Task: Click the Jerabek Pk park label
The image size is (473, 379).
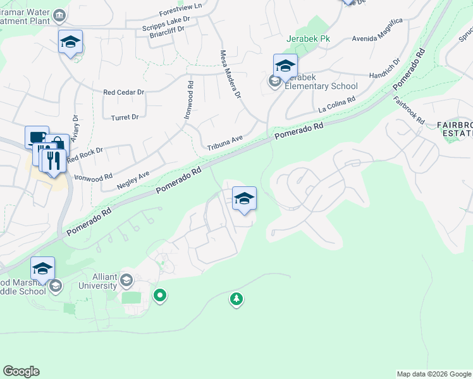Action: pyautogui.click(x=309, y=39)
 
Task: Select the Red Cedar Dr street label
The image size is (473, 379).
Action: pyautogui.click(x=124, y=92)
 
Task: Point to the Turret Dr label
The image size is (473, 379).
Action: pyautogui.click(x=125, y=117)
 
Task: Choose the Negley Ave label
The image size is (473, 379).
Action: pyautogui.click(x=133, y=181)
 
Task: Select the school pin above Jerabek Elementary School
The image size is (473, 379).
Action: pyautogui.click(x=285, y=66)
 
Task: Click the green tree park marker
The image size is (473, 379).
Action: pyautogui.click(x=236, y=298)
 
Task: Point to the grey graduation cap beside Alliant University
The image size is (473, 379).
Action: pyautogui.click(x=126, y=280)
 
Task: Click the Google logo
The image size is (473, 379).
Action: pyautogui.click(x=21, y=371)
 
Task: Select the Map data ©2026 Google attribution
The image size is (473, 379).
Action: pyautogui.click(x=434, y=374)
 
